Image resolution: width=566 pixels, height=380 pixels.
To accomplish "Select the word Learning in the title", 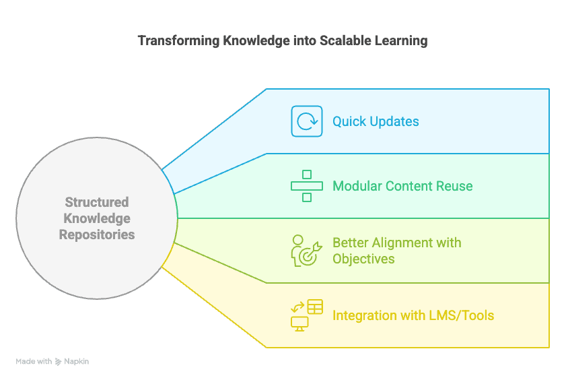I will point(400,40).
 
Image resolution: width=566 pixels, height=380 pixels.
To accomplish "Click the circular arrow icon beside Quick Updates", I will point(307,121).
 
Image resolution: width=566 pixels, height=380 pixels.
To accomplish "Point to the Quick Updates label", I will point(376,122).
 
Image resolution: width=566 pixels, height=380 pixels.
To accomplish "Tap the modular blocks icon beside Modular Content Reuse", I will point(307,186).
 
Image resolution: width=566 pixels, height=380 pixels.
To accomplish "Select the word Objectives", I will point(363,259).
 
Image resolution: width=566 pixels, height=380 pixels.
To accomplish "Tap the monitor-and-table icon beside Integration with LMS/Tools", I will point(307,315).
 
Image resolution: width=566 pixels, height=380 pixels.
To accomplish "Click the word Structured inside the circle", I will point(97,202).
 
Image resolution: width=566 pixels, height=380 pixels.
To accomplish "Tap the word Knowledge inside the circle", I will point(97,218).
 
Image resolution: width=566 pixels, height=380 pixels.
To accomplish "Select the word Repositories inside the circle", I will point(97,234).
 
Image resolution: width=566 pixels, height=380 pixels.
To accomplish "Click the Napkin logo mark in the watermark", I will point(59,362).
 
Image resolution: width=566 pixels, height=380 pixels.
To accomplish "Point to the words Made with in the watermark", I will point(34,362).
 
